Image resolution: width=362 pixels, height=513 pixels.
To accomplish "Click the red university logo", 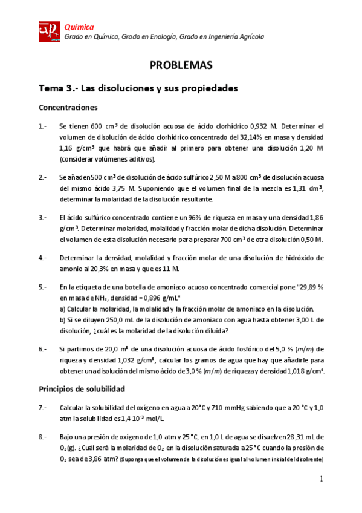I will (x=50, y=31).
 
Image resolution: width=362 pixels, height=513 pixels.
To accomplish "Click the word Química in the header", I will (x=79, y=27).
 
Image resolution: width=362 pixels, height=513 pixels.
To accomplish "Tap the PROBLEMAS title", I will (x=181, y=65).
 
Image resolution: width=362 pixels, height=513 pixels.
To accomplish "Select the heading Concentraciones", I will (x=68, y=107).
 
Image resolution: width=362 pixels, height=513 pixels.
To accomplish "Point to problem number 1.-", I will (x=43, y=126).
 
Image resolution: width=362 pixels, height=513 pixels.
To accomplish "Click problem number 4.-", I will (x=43, y=257).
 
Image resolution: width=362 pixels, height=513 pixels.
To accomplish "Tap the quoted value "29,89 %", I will (x=310, y=287).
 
